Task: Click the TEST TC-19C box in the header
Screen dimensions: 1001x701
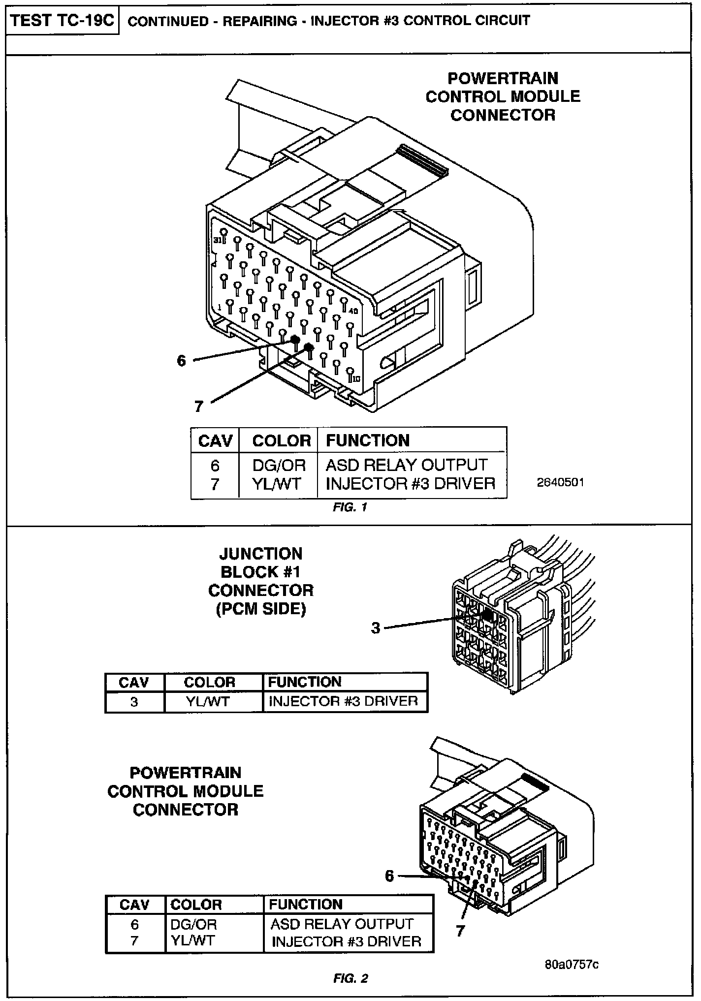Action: [62, 21]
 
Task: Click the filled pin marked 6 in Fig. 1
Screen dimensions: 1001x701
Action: [295, 340]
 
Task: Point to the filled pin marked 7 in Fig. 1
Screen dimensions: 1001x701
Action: [309, 347]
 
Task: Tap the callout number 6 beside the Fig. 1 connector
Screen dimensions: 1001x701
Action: [182, 361]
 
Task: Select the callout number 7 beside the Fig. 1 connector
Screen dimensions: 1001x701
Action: [198, 407]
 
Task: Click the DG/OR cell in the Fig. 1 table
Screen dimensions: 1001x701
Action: [279, 465]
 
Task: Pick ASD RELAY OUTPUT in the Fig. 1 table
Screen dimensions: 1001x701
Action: [406, 465]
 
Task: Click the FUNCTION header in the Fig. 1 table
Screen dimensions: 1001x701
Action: [367, 440]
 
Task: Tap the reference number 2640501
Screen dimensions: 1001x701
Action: [560, 482]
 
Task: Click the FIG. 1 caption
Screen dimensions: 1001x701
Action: [350, 507]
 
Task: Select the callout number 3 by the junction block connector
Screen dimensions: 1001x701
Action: [376, 628]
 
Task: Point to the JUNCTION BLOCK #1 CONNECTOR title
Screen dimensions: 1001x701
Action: [261, 581]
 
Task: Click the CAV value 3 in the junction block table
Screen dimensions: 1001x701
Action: [134, 701]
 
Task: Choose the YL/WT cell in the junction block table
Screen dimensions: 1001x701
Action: [208, 701]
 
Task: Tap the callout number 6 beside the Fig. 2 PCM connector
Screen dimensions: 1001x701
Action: [389, 876]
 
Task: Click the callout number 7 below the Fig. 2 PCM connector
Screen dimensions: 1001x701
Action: [460, 931]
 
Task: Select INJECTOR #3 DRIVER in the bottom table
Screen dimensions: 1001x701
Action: [347, 941]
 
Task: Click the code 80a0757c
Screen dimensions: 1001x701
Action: [572, 964]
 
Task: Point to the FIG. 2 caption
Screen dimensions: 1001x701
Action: [350, 979]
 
